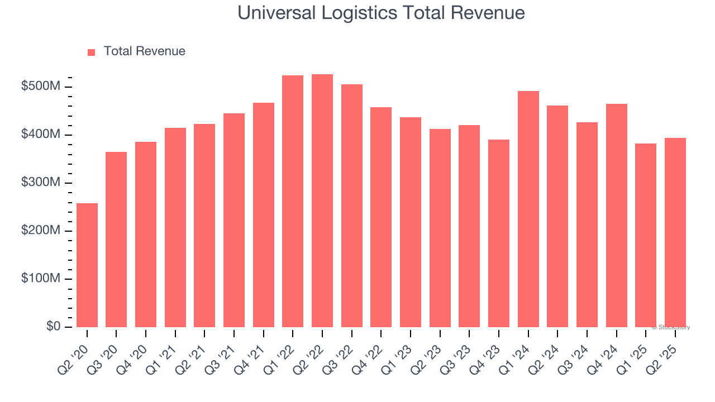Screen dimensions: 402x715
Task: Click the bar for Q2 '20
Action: point(87,265)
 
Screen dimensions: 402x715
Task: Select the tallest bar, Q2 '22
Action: point(322,201)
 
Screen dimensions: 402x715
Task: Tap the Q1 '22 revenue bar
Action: point(293,201)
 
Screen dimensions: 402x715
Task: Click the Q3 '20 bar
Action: point(116,240)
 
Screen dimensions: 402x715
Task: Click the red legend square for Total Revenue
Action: point(92,52)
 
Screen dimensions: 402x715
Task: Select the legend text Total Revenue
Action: point(144,51)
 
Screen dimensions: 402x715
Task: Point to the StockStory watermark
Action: point(671,327)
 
